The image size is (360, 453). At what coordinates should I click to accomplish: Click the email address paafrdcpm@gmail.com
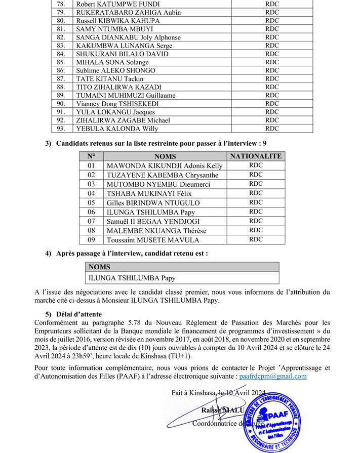pyautogui.click(x=272, y=377)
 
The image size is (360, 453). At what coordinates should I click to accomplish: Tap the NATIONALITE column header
pyautogui.click(x=256, y=156)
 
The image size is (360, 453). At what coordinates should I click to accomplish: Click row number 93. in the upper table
pyautogui.click(x=61, y=129)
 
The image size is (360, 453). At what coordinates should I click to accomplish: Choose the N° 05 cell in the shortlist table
pyautogui.click(x=91, y=203)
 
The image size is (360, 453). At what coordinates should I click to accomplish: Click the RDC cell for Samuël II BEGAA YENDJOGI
pyautogui.click(x=256, y=221)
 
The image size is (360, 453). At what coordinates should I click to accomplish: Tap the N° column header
pyautogui.click(x=91, y=156)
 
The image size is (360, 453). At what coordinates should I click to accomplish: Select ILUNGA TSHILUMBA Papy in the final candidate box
pyautogui.click(x=132, y=278)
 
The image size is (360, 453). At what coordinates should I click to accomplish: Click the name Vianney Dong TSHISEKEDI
pyautogui.click(x=117, y=104)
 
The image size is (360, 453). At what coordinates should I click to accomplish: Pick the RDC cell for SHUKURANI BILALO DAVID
pyautogui.click(x=272, y=54)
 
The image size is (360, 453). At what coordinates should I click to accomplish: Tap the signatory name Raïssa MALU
pyautogui.click(x=222, y=410)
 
